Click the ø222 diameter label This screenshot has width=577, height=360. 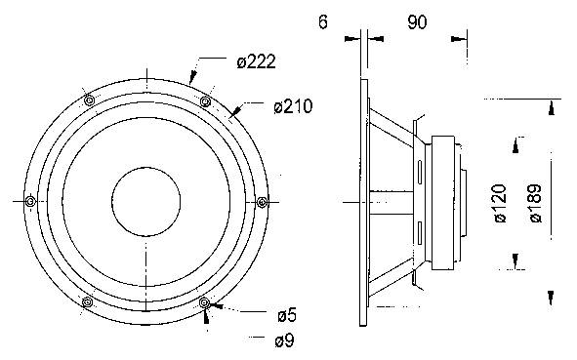pyautogui.click(x=257, y=62)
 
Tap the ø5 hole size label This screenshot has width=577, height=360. pyautogui.click(x=286, y=314)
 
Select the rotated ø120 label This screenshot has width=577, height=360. pyautogui.click(x=499, y=203)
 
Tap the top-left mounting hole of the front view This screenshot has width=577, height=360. pyautogui.click(x=89, y=101)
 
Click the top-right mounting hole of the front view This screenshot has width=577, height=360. pyautogui.click(x=205, y=101)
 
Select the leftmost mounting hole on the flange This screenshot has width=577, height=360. pyautogui.click(x=31, y=201)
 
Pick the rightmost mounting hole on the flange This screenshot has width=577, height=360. pyautogui.click(x=262, y=201)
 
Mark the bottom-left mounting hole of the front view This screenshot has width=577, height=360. pyautogui.click(x=89, y=301)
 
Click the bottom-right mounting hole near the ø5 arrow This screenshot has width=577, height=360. pyautogui.click(x=204, y=302)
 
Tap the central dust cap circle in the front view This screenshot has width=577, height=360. pyautogui.click(x=146, y=202)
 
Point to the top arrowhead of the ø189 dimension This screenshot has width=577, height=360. pyautogui.click(x=554, y=105)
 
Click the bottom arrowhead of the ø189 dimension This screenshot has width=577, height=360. pyautogui.click(x=554, y=298)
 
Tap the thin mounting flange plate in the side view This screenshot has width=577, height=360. pyautogui.click(x=364, y=202)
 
